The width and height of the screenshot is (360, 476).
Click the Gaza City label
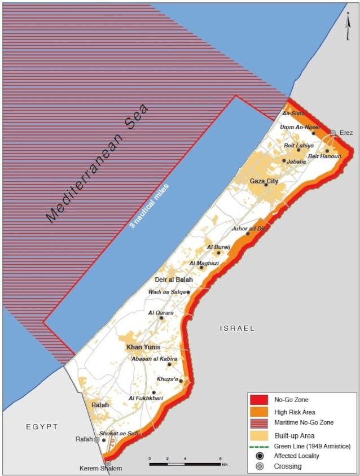(x=264, y=181)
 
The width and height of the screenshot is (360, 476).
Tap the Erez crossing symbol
(x=333, y=133)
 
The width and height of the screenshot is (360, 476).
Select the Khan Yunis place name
(x=143, y=347)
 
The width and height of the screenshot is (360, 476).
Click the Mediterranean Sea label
(x=96, y=164)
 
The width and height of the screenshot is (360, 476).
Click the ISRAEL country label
(x=236, y=328)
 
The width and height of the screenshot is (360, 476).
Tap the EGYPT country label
(x=42, y=427)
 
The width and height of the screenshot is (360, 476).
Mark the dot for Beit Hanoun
(x=327, y=151)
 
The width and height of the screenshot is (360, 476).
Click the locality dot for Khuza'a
(x=181, y=381)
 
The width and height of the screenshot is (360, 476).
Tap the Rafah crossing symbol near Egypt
(x=96, y=439)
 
